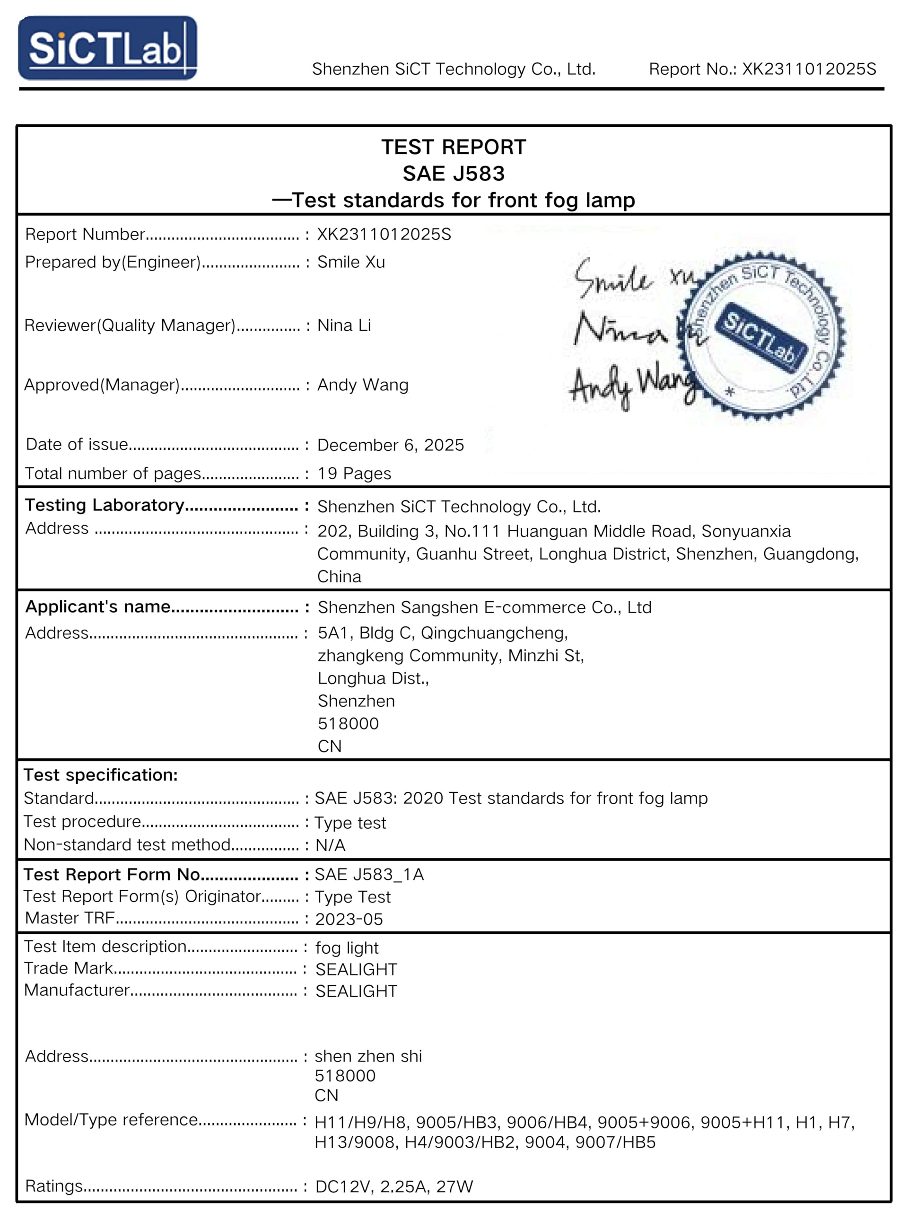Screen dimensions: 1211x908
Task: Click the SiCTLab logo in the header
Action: [107, 48]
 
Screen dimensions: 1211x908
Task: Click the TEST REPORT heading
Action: [453, 147]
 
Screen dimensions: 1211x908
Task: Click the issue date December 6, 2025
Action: [390, 445]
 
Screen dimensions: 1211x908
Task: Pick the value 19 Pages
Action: [354, 474]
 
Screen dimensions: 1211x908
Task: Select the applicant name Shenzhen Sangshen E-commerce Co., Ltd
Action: [484, 607]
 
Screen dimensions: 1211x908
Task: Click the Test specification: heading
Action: [101, 775]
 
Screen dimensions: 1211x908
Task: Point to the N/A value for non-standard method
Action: [331, 845]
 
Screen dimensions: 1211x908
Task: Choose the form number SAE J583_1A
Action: [369, 874]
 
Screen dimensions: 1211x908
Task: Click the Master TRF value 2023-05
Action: [349, 919]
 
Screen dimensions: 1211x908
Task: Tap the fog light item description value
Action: [347, 948]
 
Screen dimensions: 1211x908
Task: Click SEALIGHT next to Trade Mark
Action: [356, 970]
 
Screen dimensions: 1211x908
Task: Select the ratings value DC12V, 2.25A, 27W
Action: [394, 1186]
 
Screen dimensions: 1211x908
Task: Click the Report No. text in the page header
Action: [762, 69]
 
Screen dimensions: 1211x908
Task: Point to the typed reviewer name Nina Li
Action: [344, 325]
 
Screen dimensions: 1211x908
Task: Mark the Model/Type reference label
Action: [111, 1120]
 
